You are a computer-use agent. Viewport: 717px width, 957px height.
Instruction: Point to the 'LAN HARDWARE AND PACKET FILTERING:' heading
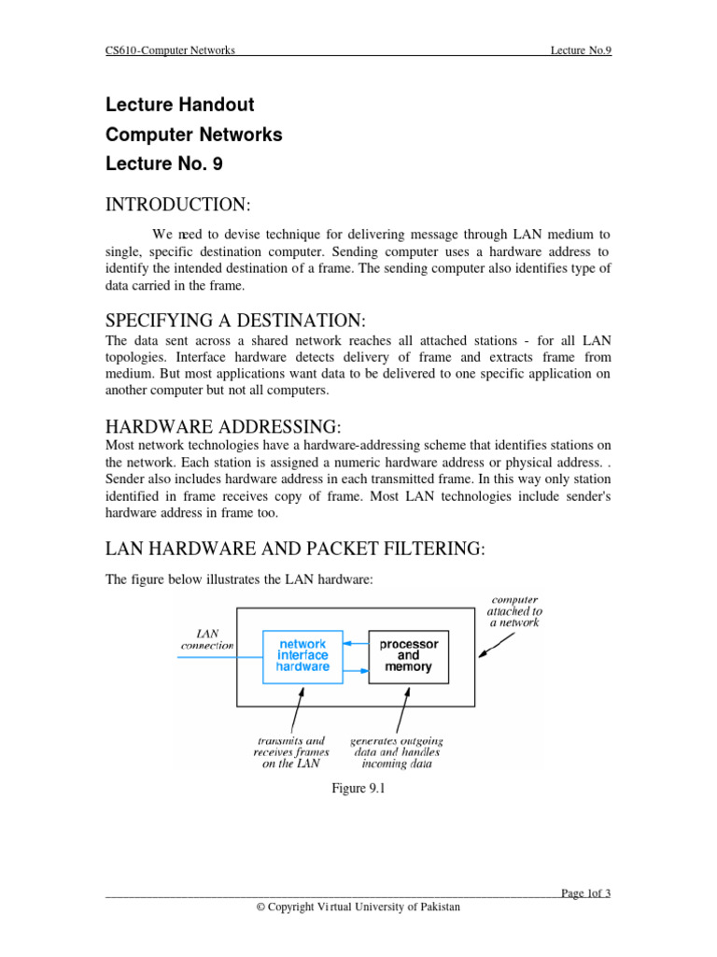[295, 549]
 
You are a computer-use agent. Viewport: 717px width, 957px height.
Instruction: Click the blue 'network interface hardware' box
[302, 655]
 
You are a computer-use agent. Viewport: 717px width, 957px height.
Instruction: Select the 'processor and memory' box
[407, 655]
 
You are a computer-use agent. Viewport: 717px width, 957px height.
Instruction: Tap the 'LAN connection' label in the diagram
[207, 639]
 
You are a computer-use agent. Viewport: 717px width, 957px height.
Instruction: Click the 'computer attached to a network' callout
[513, 610]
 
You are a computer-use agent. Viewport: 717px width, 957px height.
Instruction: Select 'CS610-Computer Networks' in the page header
[170, 50]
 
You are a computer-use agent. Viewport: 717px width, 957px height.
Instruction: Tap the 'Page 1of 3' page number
[586, 893]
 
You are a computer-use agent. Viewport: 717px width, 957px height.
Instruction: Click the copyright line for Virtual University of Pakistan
[358, 907]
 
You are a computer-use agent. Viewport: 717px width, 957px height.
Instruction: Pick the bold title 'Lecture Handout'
[180, 105]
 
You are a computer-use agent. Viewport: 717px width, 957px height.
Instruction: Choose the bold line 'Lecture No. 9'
[164, 164]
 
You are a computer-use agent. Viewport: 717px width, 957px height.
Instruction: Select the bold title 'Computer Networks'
[194, 135]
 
